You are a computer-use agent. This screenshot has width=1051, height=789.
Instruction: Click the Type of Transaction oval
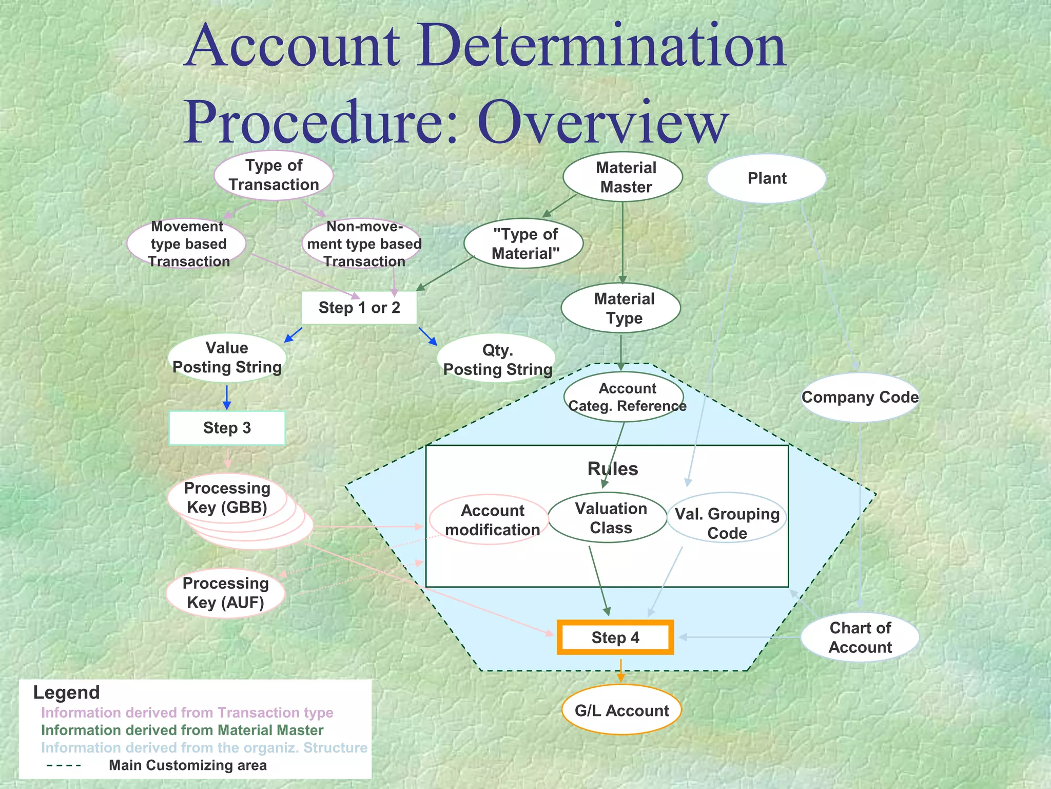(x=274, y=175)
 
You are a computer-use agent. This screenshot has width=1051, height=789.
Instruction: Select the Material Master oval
(x=622, y=177)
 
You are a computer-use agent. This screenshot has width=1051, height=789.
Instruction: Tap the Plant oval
(x=766, y=178)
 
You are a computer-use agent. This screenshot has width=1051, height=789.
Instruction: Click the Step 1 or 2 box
(x=359, y=308)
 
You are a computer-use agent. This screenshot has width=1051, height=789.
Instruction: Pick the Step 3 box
(x=227, y=428)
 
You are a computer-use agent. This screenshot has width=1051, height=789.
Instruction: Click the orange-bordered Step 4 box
(x=615, y=637)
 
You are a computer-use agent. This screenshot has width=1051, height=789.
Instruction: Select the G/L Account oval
(x=621, y=710)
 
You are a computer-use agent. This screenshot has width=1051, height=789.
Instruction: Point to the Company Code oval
(x=860, y=397)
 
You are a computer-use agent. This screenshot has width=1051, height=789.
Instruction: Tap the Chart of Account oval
(x=860, y=637)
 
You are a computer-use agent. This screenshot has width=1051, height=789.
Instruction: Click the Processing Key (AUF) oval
(x=226, y=593)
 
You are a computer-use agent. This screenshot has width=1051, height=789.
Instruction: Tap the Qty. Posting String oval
(x=497, y=360)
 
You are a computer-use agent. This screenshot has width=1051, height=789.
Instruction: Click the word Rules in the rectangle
(x=613, y=469)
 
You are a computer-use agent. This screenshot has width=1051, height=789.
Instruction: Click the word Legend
(x=67, y=692)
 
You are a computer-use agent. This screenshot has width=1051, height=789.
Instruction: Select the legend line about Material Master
(x=182, y=730)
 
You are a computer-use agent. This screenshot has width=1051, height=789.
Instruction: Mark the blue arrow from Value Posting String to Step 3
(x=227, y=397)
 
